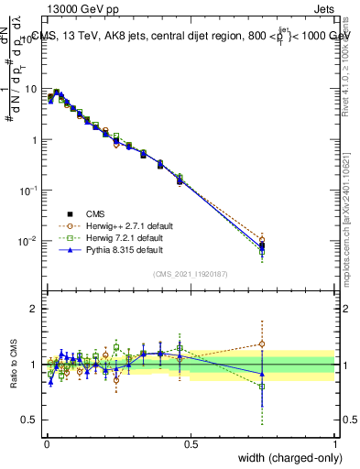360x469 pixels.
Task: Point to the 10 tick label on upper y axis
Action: pyautogui.click(x=30, y=90)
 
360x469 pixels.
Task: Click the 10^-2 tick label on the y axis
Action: pyautogui.click(x=28, y=242)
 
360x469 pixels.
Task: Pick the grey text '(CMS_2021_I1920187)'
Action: pyautogui.click(x=191, y=274)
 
